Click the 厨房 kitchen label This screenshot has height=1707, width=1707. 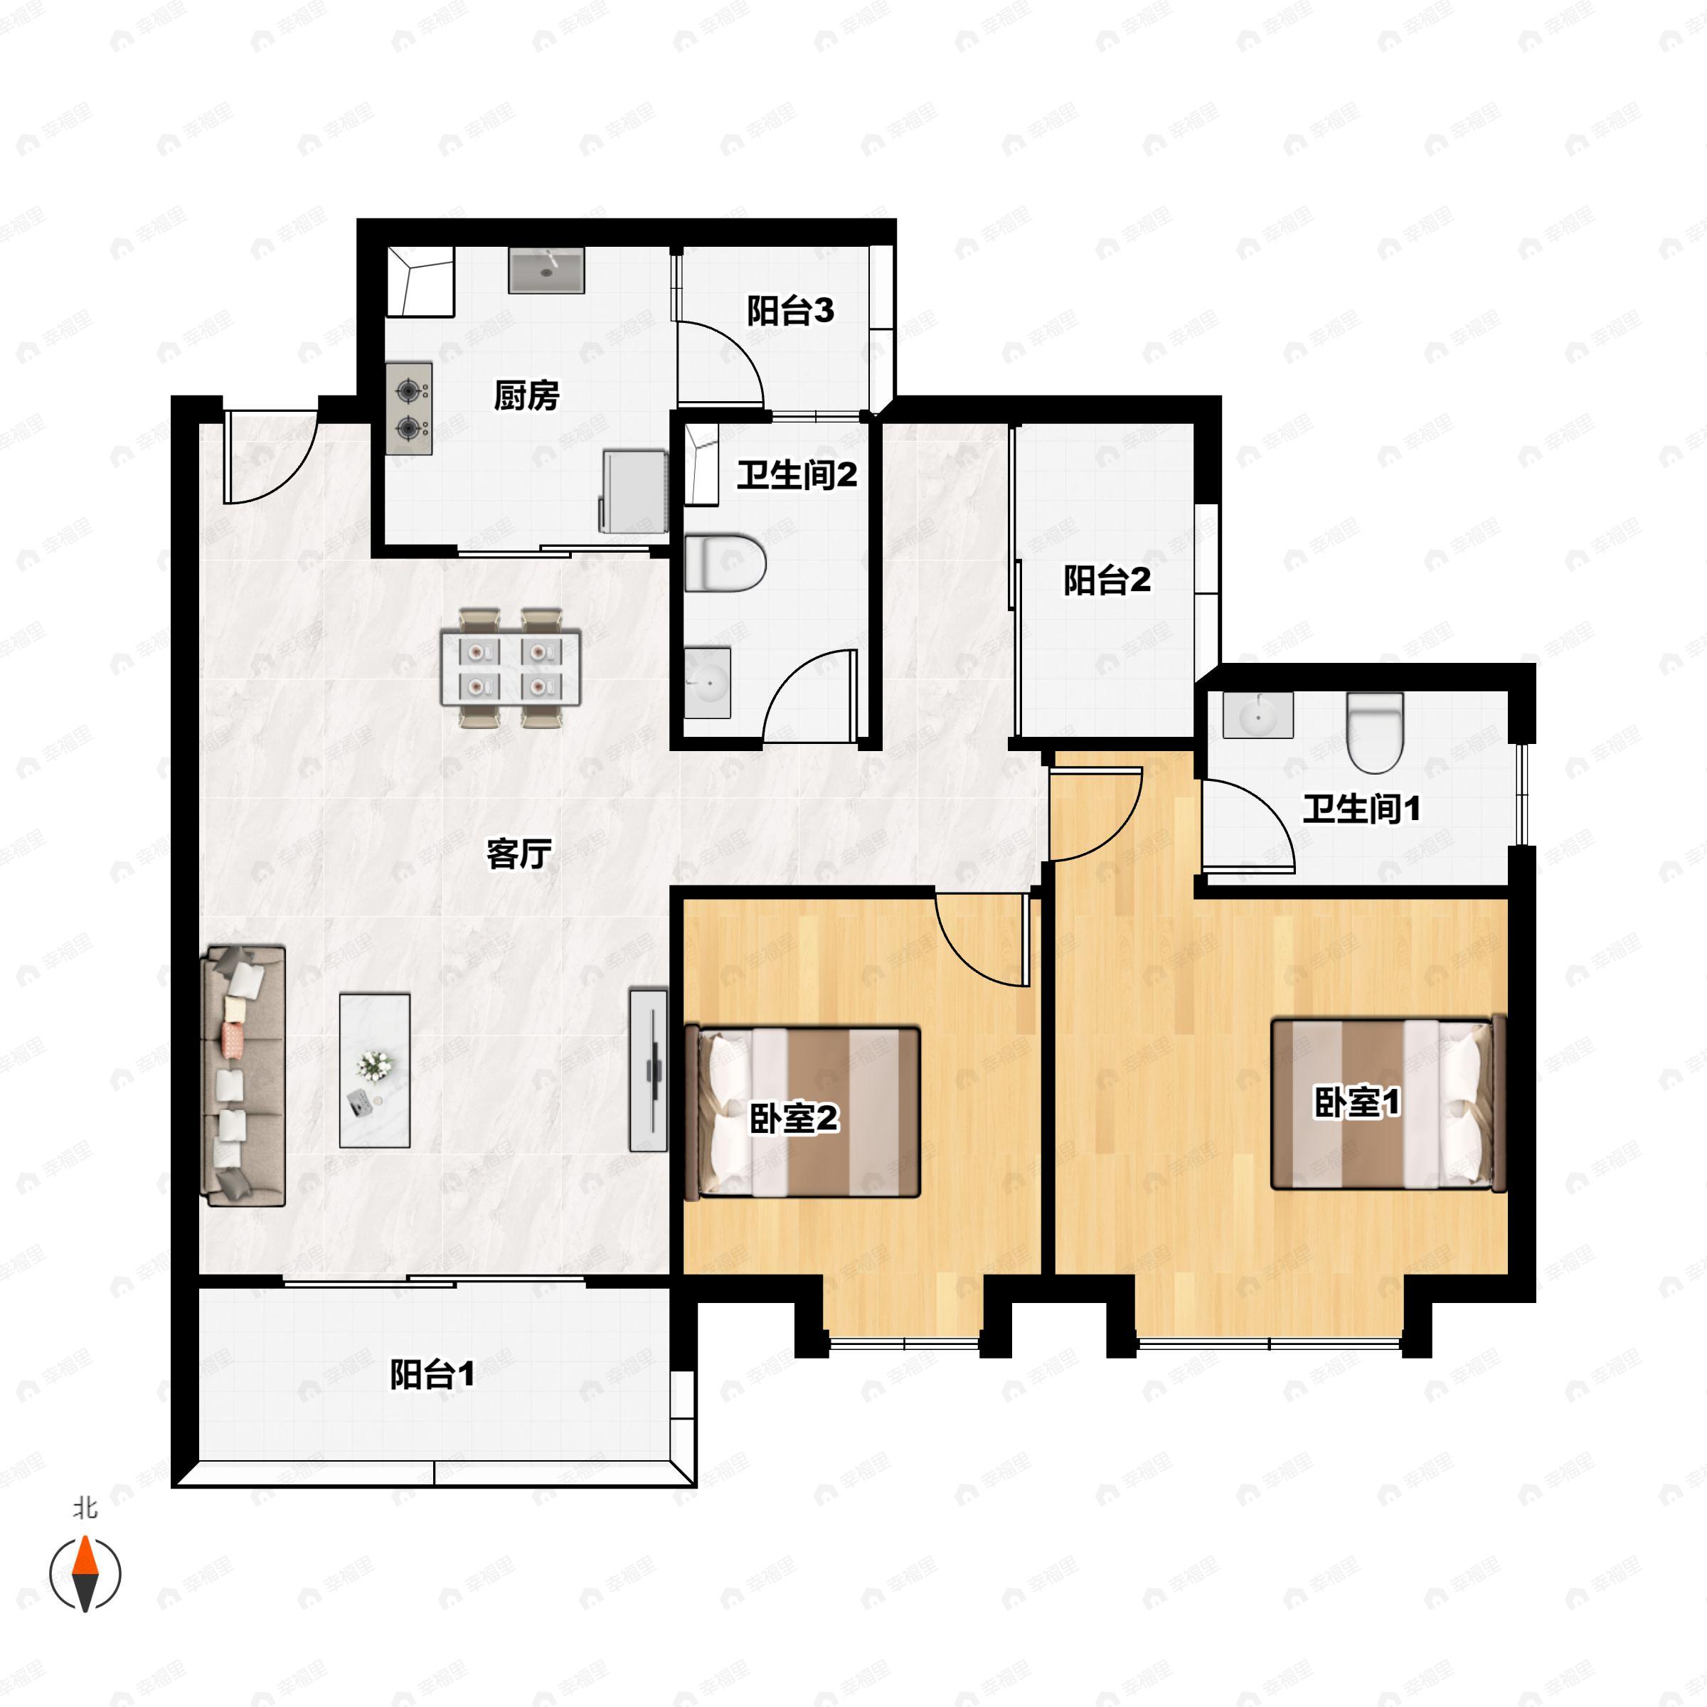point(526,396)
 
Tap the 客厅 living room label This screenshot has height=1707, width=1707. point(519,854)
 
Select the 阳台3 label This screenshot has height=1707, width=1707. point(790,311)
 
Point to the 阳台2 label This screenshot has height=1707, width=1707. point(1107,580)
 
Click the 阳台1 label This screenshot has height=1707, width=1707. point(433,1374)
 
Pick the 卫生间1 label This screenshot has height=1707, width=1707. point(1361,809)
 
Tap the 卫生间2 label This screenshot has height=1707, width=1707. point(797,475)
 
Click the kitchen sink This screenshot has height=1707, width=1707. point(546,270)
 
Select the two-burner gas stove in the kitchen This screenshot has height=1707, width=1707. point(409,409)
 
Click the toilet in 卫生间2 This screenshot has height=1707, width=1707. point(725,563)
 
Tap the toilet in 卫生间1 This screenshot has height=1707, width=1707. point(1375,733)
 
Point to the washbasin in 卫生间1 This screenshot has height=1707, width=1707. point(1257,715)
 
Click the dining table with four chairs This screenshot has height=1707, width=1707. point(511,668)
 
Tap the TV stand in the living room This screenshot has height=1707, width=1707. point(649,1069)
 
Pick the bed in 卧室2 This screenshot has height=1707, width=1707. point(802,1112)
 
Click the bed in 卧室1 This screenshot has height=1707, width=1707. point(1389,1104)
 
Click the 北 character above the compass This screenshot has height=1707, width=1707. point(85,1508)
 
